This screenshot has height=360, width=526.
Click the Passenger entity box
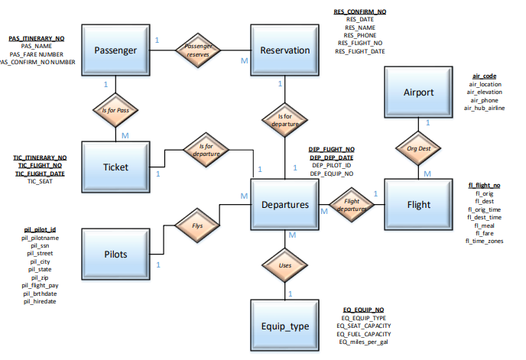[115, 50]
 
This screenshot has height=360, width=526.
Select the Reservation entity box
[285, 50]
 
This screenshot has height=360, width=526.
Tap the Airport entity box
[418, 92]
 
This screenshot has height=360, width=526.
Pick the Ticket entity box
[115, 167]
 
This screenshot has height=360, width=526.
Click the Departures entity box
[285, 204]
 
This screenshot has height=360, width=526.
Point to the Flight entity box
[418, 204]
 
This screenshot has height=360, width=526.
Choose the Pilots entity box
[115, 254]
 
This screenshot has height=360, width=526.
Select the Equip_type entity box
[285, 326]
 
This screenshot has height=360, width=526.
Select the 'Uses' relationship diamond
[284, 265]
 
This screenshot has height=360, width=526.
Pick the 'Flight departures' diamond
[352, 205]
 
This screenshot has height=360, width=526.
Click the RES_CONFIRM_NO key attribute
[360, 12]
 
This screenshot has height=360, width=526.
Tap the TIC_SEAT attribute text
[39, 182]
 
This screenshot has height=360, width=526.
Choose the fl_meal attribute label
[484, 225]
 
